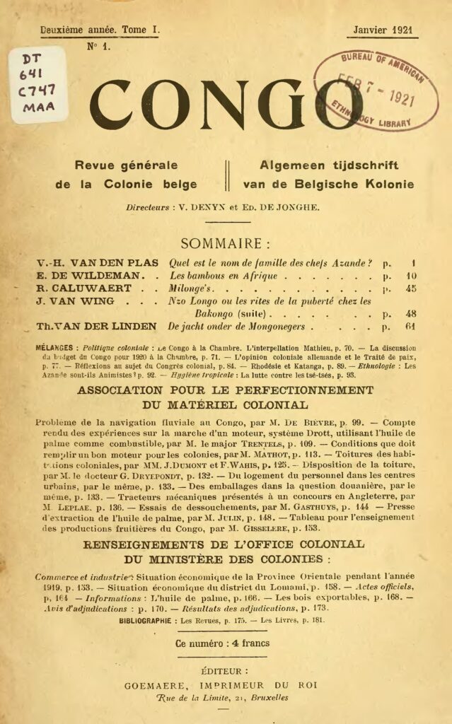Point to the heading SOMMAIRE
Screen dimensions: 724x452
click(225, 244)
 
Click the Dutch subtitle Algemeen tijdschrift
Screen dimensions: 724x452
click(329, 166)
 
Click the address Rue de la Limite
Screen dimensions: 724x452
click(196, 698)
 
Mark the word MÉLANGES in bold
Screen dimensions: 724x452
click(56, 349)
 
